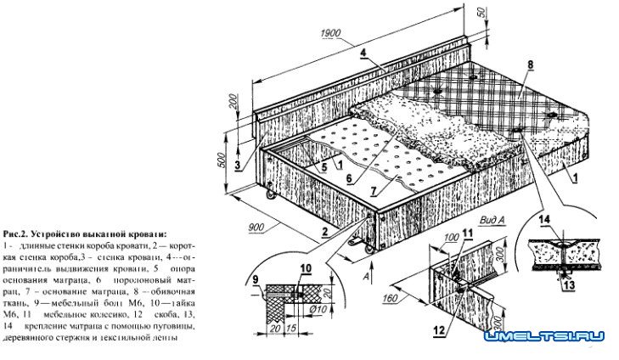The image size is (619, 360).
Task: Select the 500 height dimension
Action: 223,160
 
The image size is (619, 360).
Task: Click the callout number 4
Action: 363,53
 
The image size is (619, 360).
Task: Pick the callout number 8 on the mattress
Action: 529,65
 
